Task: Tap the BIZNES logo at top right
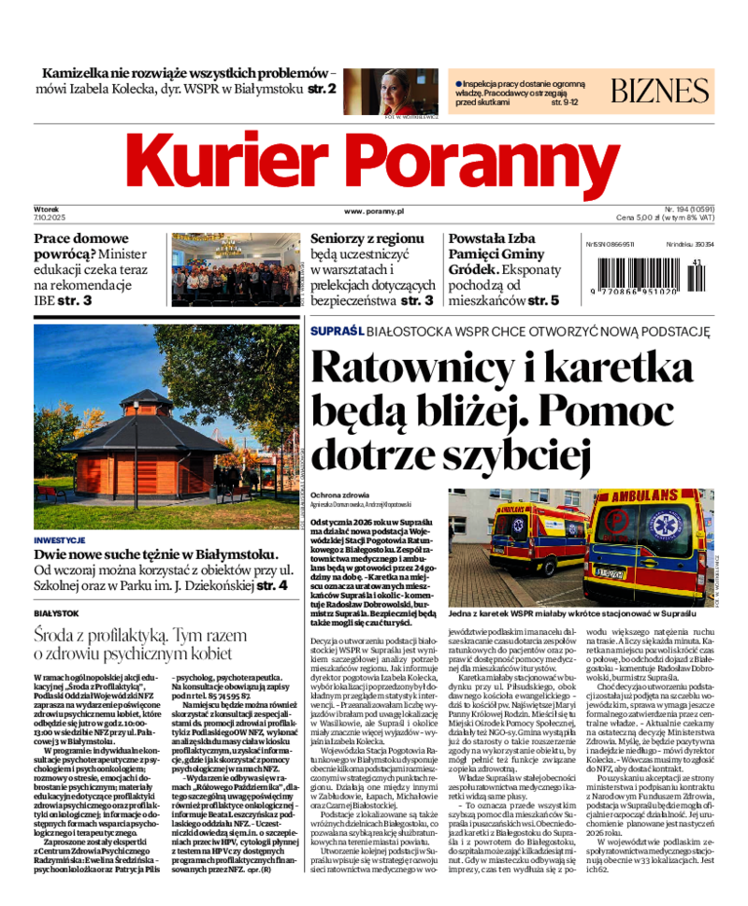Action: pyautogui.click(x=660, y=91)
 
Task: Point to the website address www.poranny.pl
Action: pyautogui.click(x=373, y=212)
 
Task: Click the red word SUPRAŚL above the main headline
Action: pyautogui.click(x=336, y=332)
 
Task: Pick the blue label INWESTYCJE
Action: pyautogui.click(x=59, y=540)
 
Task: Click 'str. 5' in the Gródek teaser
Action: pyautogui.click(x=543, y=301)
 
